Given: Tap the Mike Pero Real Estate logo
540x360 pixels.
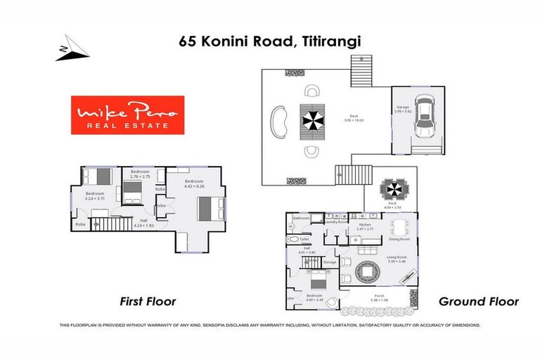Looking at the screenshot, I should click(127, 115).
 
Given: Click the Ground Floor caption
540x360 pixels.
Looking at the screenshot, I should click(478, 302).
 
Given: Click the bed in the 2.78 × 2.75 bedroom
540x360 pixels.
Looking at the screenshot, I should click(131, 191).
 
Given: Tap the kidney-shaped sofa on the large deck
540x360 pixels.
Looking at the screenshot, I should click(279, 120).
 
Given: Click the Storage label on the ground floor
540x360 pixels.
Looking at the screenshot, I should click(328, 262).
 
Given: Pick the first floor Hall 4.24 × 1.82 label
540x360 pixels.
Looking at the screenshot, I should click(143, 224).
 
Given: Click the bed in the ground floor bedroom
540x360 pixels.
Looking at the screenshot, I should click(316, 285).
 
